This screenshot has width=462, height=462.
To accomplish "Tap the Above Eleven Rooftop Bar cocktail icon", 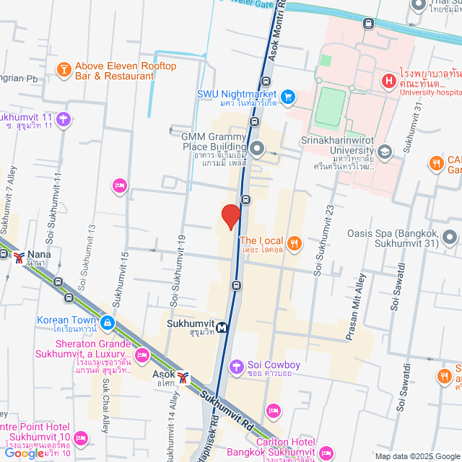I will tap(64, 70).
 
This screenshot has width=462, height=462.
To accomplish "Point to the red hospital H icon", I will tap(388, 80).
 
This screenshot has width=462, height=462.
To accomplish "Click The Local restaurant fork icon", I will tap(294, 243).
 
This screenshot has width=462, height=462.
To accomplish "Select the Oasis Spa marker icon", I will tap(450, 237).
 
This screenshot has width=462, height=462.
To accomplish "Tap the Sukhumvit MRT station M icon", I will tap(222, 327).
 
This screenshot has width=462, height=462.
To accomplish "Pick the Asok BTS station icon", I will tap(184, 377).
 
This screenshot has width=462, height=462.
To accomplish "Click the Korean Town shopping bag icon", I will tap(108, 322).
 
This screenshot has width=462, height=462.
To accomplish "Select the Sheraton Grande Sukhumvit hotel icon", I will tap(142, 355).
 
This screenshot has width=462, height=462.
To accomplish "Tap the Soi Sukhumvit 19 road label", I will tap(174, 267).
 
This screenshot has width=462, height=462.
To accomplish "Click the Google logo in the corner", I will tap(23, 453).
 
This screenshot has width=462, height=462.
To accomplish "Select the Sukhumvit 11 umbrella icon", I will tap(64, 118).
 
